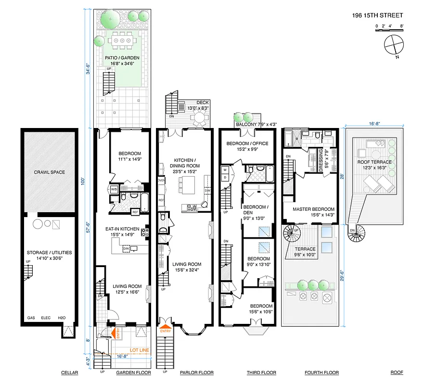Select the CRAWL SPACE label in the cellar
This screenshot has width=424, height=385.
tap(49, 172)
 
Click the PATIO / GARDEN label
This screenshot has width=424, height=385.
tap(122, 61)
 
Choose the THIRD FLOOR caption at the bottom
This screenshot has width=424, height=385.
tap(261, 372)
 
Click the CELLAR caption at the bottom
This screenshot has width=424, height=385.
tap(70, 372)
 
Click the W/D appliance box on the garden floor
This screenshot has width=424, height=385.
tap(115, 189)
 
